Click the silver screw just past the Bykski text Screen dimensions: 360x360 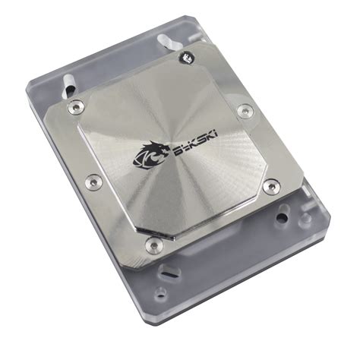coord(243,112)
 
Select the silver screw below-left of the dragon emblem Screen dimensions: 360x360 coord(93,181)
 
